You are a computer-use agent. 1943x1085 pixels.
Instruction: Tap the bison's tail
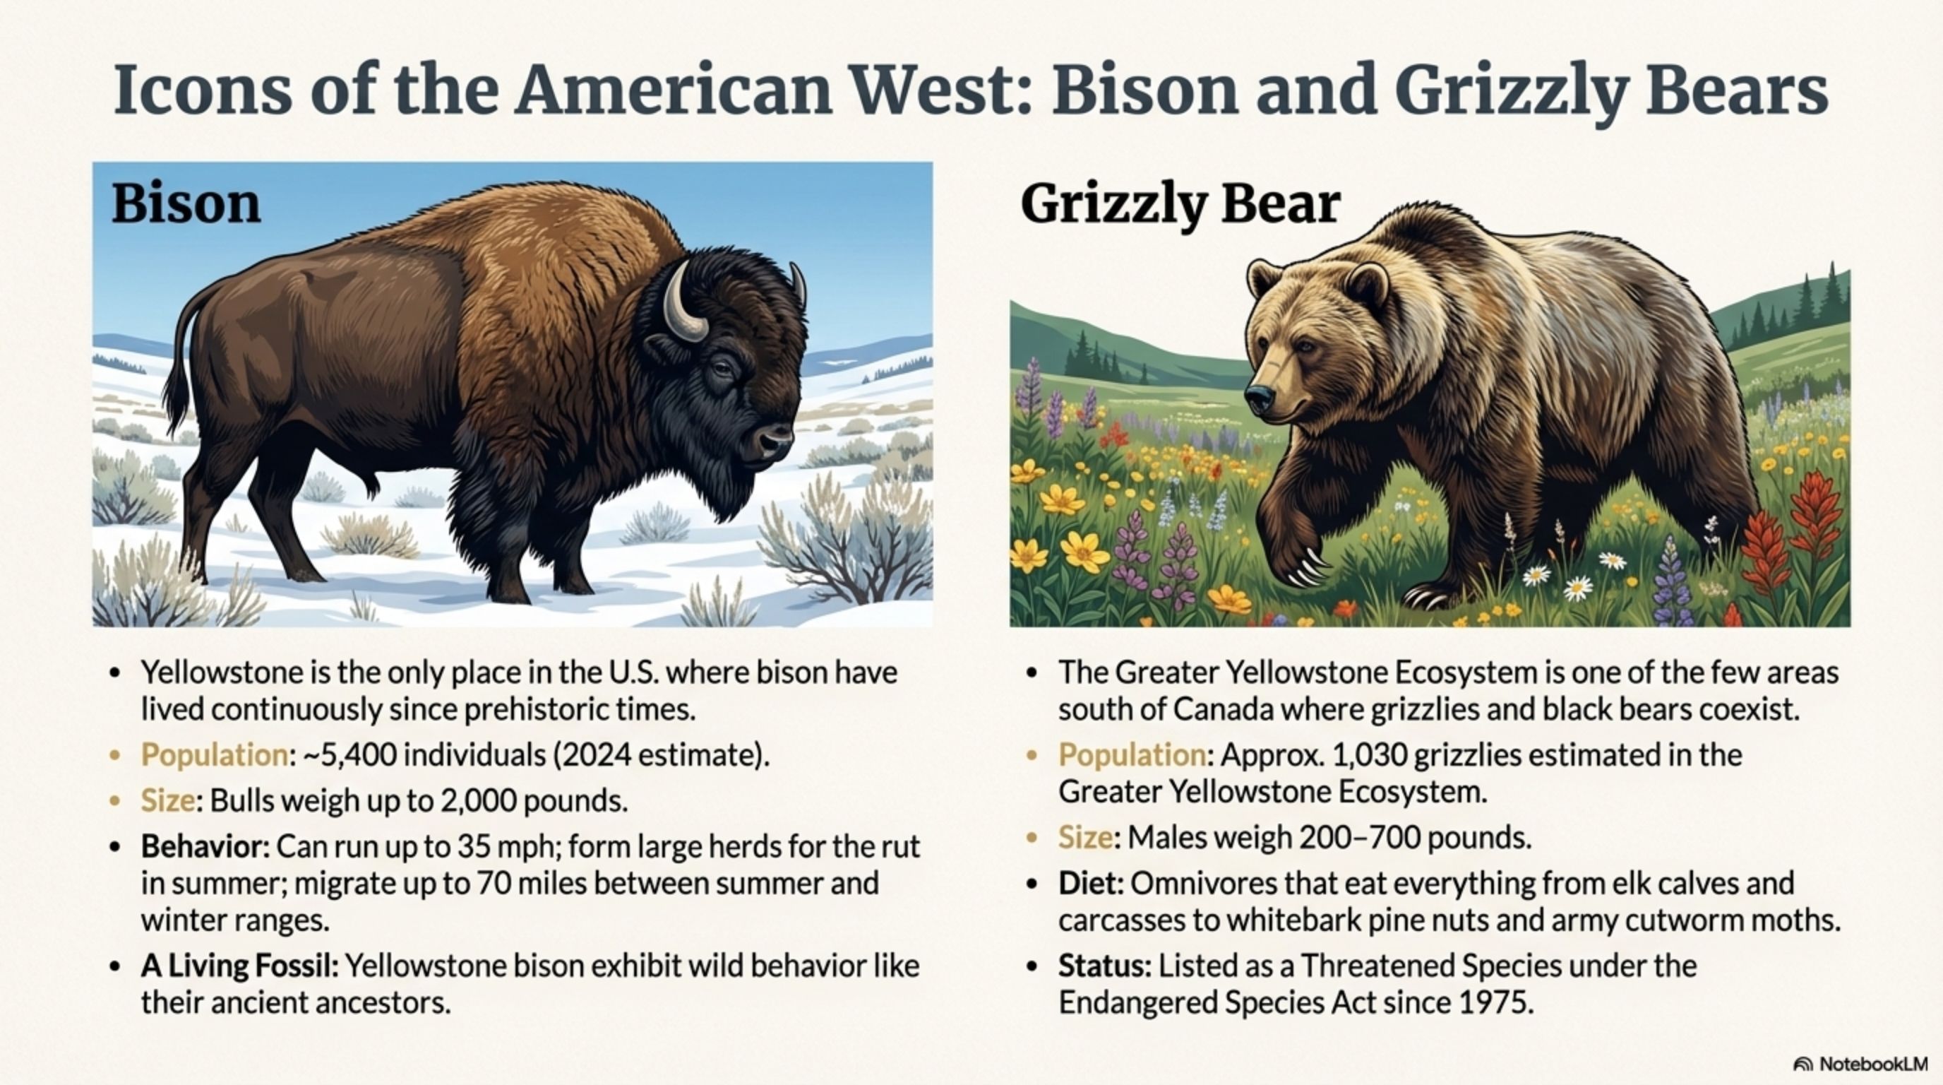(x=179, y=355)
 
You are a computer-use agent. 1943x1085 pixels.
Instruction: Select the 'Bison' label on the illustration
(x=186, y=203)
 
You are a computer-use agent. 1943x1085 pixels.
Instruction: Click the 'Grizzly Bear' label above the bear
(x=1180, y=203)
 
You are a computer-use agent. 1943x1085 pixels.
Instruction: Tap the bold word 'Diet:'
(x=1091, y=883)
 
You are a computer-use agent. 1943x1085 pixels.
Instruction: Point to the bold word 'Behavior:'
(x=205, y=846)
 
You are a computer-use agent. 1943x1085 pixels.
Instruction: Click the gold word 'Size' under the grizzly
(x=1084, y=837)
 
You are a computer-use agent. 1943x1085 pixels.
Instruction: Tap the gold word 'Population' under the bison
(x=214, y=754)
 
